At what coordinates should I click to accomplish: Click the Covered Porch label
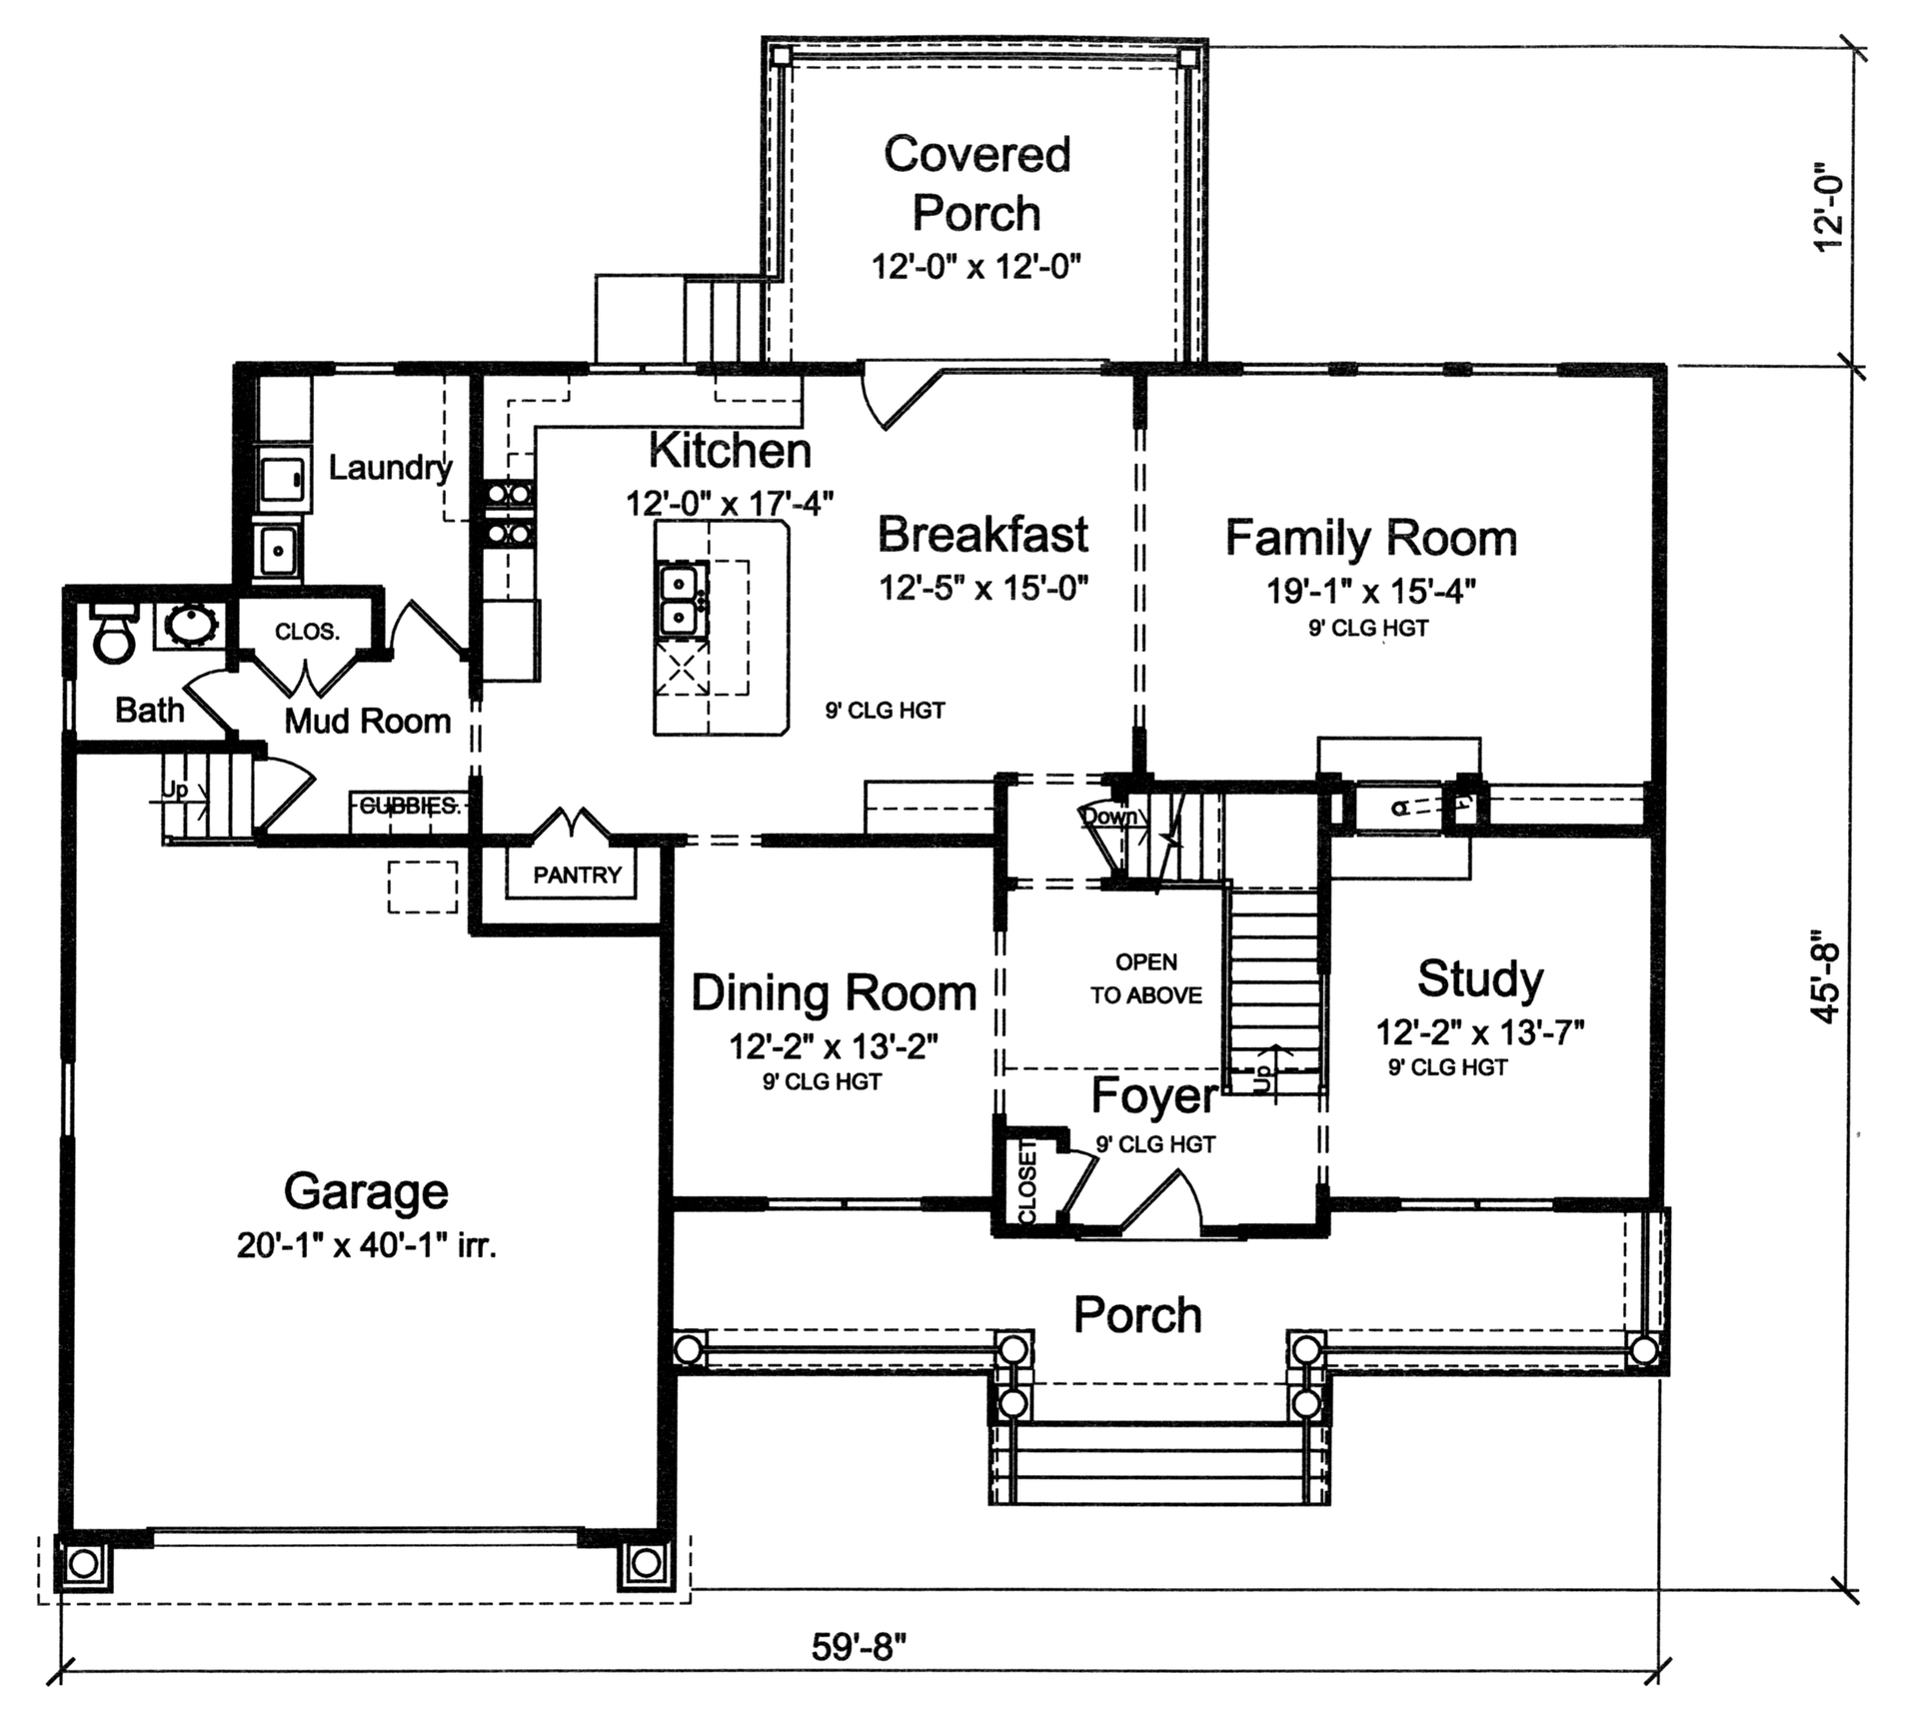tap(976, 184)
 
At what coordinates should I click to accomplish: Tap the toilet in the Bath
tap(112, 636)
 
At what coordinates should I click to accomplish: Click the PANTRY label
tap(577, 875)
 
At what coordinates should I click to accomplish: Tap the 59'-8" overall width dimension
tap(860, 1647)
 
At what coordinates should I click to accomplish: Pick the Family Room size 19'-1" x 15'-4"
tap(1371, 592)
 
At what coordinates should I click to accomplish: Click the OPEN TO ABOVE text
tap(1146, 978)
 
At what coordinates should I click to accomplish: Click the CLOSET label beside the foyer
tap(1027, 1181)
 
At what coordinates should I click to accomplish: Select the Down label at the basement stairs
tap(1109, 817)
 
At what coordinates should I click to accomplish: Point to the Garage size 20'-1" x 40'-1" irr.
tap(366, 1246)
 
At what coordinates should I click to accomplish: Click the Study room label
tap(1479, 979)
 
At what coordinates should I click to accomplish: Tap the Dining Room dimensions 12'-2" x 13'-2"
tap(833, 1046)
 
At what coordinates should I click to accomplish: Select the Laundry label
tap(390, 468)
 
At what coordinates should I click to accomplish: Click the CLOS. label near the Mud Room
tap(307, 633)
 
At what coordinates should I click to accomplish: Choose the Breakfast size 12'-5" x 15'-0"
tap(982, 588)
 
